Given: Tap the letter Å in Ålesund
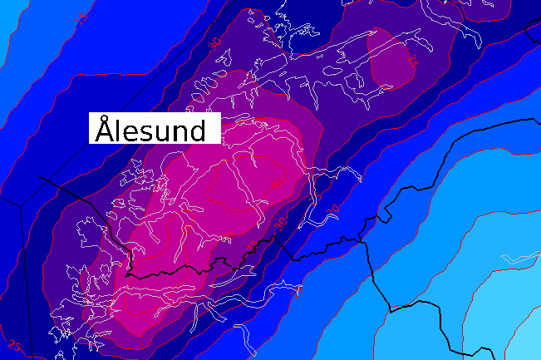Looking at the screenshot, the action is click(x=104, y=131).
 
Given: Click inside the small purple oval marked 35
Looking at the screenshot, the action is click(x=391, y=62).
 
